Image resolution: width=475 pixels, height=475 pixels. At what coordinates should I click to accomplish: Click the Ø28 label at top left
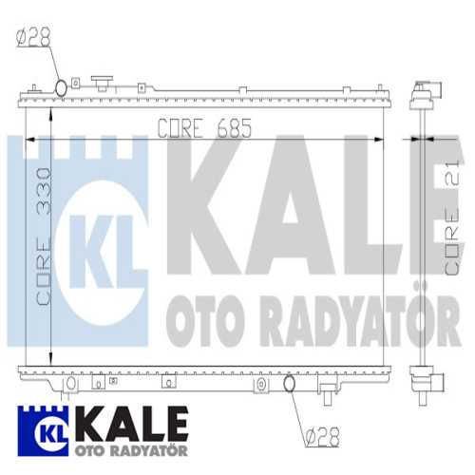pos(33,38)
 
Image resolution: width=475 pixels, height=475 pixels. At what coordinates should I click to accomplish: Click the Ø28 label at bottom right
pos(323,437)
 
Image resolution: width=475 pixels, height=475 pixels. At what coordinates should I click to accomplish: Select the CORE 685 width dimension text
pos(204,128)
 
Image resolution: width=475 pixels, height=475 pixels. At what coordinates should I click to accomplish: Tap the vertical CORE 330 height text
pos(44,237)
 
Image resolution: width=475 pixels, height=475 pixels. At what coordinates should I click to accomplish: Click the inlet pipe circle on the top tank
pos(61,87)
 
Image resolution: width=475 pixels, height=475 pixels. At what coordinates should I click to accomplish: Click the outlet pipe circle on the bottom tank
pos(289,383)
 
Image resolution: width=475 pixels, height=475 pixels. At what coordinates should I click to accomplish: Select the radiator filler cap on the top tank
pos(102,83)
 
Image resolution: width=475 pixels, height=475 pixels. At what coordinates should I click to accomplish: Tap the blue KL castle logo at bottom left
pos(43,430)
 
